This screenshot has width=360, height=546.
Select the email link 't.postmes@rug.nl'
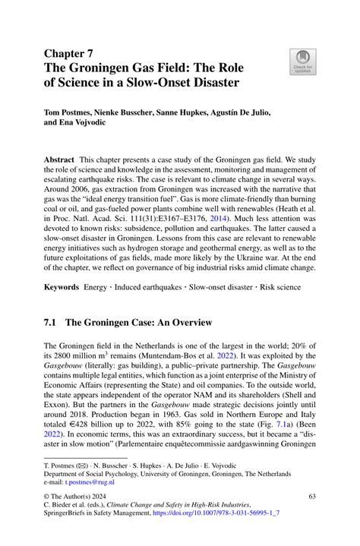point(83,481)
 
